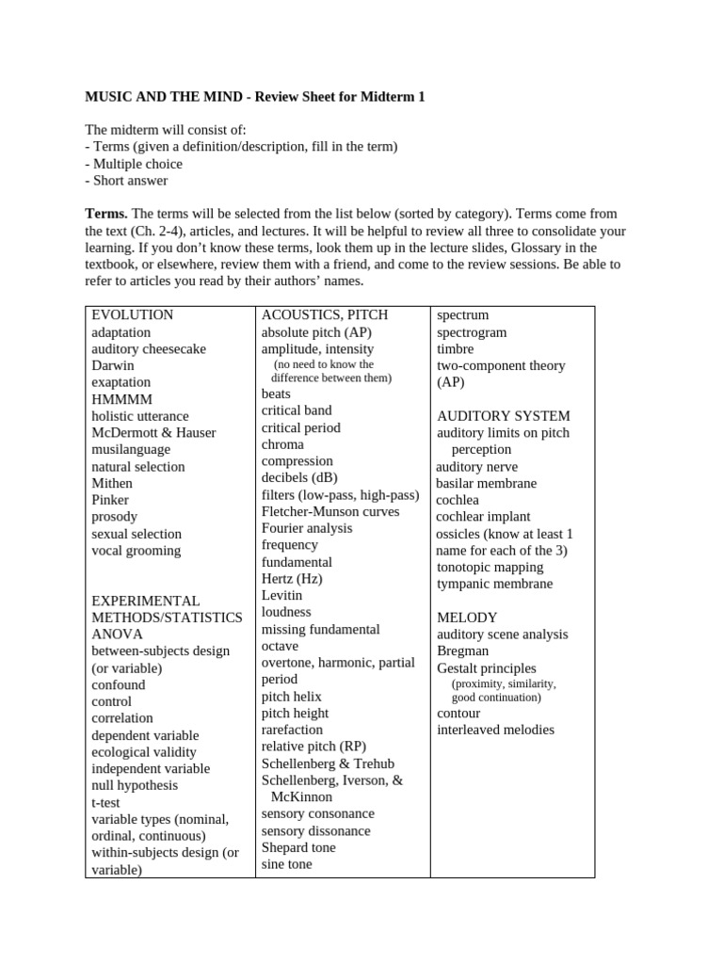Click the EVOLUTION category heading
tap(132, 315)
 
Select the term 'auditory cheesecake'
tap(148, 349)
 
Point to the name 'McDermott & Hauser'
tap(153, 433)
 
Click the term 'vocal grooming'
tap(136, 551)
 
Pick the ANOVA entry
tap(117, 635)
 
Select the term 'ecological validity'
tap(143, 752)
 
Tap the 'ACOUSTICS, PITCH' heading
tap(324, 315)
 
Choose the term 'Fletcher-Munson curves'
tap(329, 512)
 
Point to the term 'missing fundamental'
tap(320, 629)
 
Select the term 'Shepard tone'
tap(297, 847)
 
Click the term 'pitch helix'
tap(291, 697)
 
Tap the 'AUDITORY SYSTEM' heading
tap(503, 416)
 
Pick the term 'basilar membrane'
tap(486, 484)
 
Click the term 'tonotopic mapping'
tap(490, 568)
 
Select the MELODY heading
tap(467, 618)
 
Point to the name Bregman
tap(462, 651)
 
